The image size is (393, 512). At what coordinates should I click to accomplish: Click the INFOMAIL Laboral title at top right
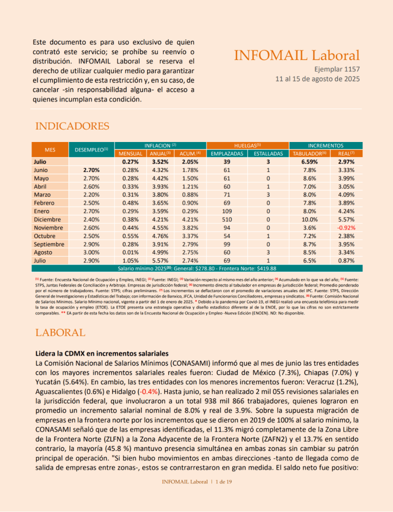[x=296, y=55]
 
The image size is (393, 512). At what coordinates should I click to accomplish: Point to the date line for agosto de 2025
[x=317, y=79]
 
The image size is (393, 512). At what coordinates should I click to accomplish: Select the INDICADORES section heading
[x=72, y=126]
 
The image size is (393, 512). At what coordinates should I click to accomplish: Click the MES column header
[x=50, y=149]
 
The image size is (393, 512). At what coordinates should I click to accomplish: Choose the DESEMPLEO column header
[x=91, y=149]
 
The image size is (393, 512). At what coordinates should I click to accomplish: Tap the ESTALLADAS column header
[x=268, y=153]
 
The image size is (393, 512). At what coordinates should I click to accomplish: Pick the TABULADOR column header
[x=309, y=153]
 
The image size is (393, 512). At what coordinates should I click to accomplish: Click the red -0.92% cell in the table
[x=345, y=227]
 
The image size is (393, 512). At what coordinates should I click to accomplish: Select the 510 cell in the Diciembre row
[x=227, y=219]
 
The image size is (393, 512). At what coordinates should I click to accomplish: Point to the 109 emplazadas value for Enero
[x=227, y=211]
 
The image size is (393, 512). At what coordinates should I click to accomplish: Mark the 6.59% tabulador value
[x=309, y=162]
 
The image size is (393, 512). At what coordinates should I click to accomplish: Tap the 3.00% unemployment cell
[x=91, y=252]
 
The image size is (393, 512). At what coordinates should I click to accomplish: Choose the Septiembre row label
[x=49, y=244]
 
